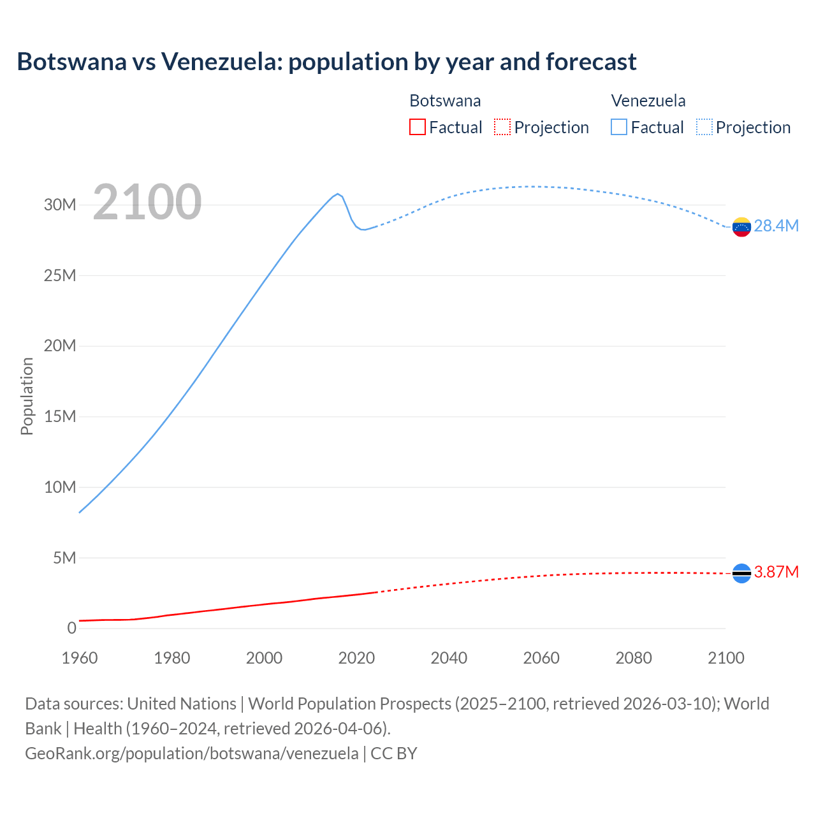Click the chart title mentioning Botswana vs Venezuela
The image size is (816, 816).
[x=326, y=62]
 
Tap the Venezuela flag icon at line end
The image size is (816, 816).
[x=741, y=226]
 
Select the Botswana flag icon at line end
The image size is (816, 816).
[x=741, y=574]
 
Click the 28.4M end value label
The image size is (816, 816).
[x=776, y=226]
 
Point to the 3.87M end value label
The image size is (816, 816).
[x=776, y=572]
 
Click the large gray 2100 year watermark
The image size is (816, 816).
[x=147, y=202]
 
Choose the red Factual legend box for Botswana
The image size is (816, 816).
[x=418, y=127]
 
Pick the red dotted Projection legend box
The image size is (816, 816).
[x=502, y=127]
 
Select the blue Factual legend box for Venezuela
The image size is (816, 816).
[x=619, y=127]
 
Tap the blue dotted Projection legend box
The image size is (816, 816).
[x=704, y=127]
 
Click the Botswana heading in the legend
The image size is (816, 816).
[x=445, y=101]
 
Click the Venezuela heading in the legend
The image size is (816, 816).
[x=648, y=101]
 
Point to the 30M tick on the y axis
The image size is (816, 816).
[x=60, y=205]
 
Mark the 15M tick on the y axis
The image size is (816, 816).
[x=60, y=417]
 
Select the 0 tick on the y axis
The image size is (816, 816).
[x=71, y=629]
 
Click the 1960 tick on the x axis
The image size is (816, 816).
[x=80, y=658]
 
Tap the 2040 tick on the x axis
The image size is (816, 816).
[x=449, y=658]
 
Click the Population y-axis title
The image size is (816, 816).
[x=27, y=396]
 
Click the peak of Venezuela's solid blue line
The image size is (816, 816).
[x=338, y=194]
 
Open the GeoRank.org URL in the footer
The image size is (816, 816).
[x=191, y=754]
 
